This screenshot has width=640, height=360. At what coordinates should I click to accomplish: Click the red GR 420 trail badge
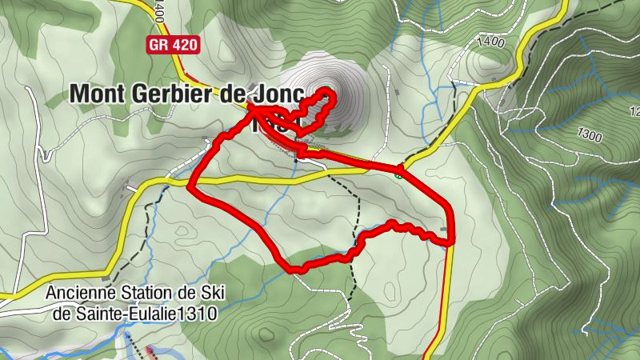[172, 46]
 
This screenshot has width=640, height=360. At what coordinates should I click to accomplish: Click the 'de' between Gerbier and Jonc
[231, 93]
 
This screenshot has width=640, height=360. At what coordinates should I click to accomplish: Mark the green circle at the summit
[327, 90]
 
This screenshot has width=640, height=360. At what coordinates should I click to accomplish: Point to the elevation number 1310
[198, 314]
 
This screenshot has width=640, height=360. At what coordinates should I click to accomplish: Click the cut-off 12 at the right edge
[634, 110]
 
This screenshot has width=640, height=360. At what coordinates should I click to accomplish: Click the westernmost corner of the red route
[189, 189]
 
